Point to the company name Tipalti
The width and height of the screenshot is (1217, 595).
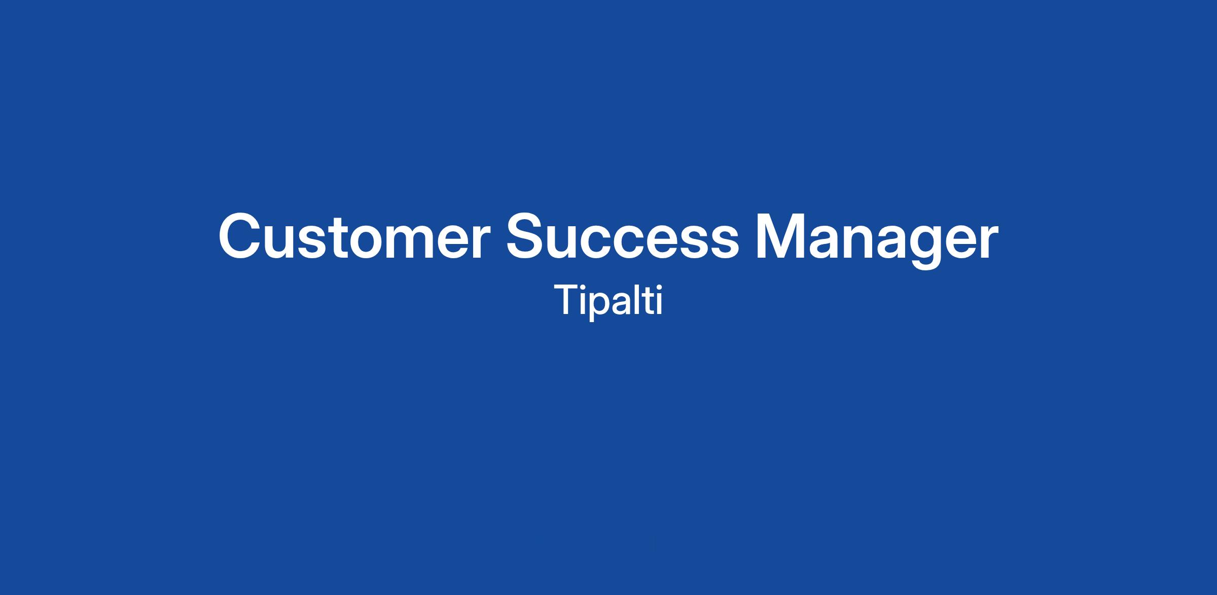[608, 302]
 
